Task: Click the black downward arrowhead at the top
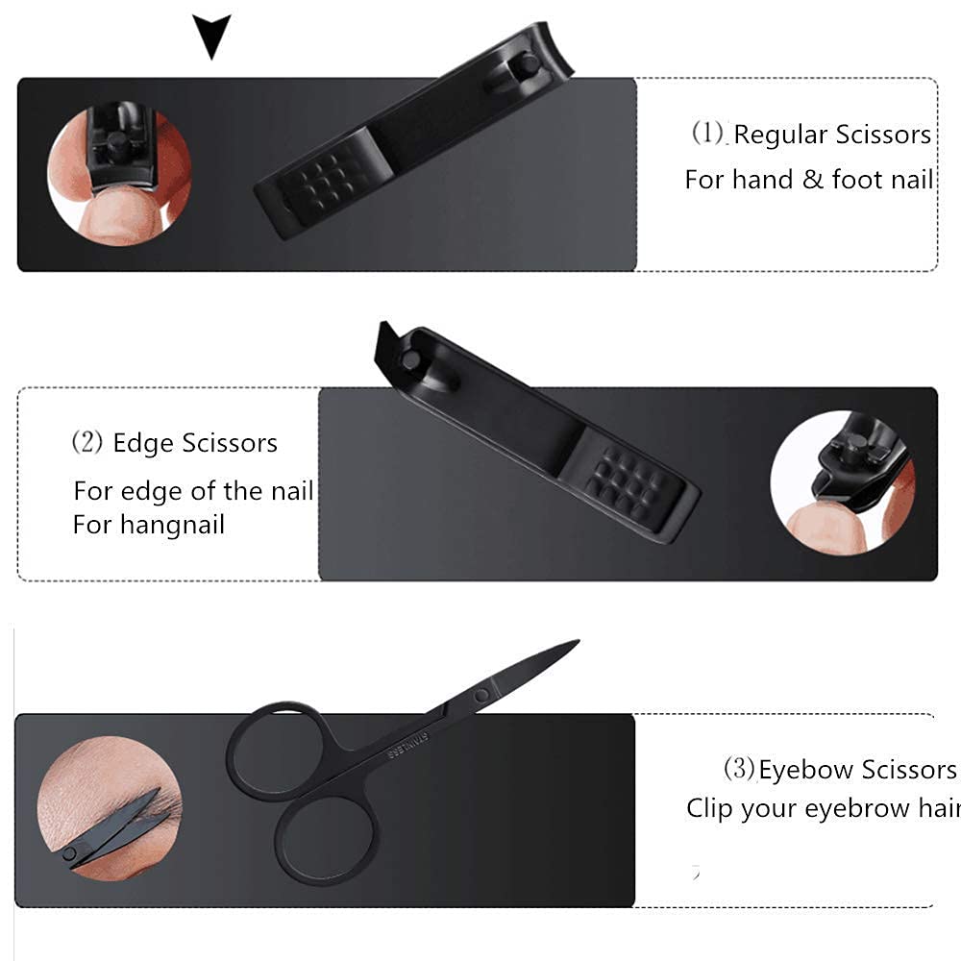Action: pyautogui.click(x=211, y=34)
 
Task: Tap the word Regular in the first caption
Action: pyautogui.click(x=780, y=136)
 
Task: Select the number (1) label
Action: pyautogui.click(x=708, y=133)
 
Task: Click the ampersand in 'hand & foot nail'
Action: pyautogui.click(x=812, y=180)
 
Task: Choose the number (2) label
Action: pyautogui.click(x=87, y=442)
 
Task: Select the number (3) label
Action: pyautogui.click(x=739, y=769)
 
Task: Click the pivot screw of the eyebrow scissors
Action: pyautogui.click(x=481, y=695)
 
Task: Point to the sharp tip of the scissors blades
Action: pyautogui.click(x=578, y=641)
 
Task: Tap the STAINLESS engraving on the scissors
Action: pyautogui.click(x=408, y=744)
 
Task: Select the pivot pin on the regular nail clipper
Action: pyautogui.click(x=529, y=63)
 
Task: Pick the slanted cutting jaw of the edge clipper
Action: pyautogui.click(x=386, y=344)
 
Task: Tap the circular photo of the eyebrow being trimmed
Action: pyautogui.click(x=110, y=809)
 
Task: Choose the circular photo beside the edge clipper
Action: pyautogui.click(x=843, y=483)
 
